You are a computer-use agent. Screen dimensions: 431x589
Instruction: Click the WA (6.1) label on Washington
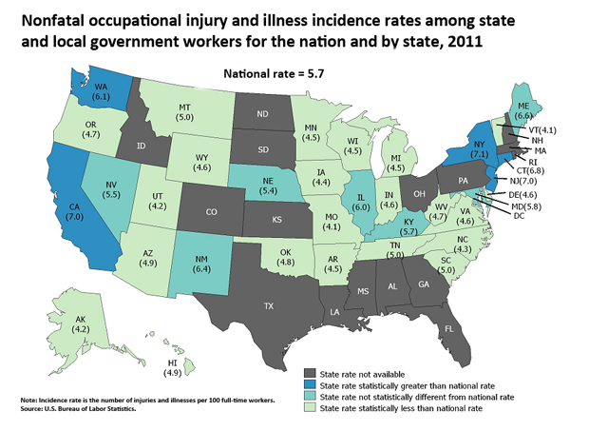pos(99,86)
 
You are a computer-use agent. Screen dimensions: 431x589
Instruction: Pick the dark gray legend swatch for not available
pos(310,372)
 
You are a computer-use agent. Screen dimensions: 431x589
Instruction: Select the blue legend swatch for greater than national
pos(310,384)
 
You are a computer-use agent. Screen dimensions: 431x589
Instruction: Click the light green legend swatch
pos(310,409)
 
